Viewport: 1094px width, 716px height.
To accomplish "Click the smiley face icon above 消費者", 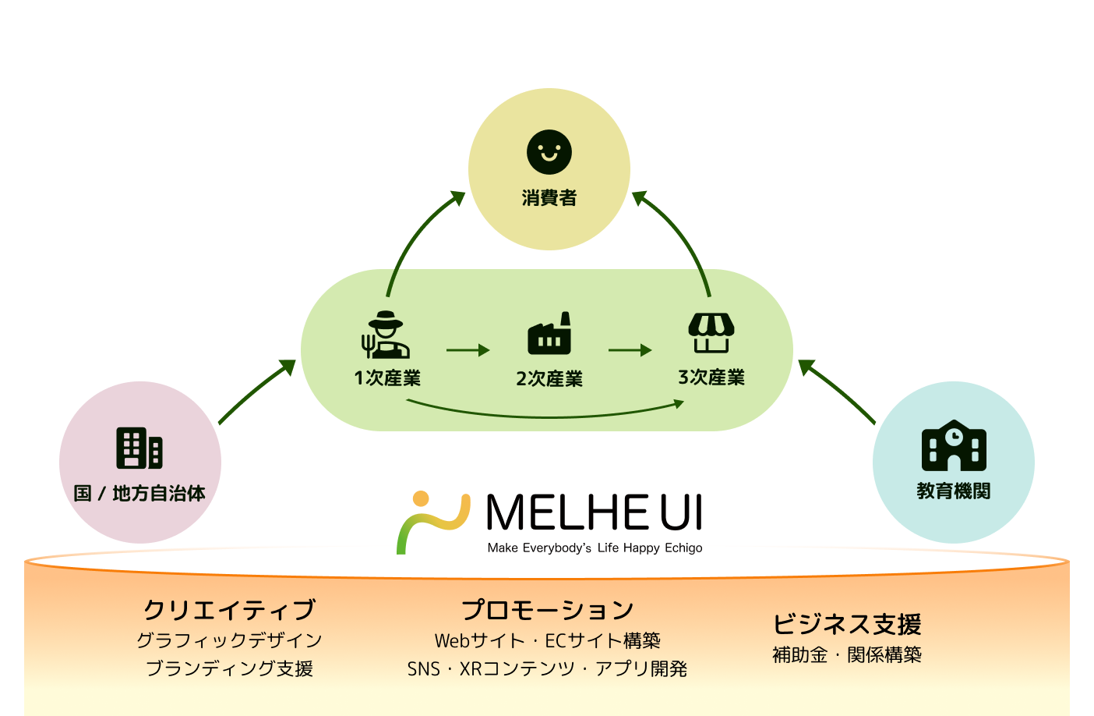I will [x=549, y=152].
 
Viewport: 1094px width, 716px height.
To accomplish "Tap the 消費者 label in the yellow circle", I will [x=549, y=198].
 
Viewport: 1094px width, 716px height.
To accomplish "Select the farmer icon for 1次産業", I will [x=386, y=335].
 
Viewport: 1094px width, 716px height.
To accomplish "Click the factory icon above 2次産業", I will [x=549, y=334].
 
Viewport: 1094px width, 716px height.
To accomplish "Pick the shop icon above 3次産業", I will [x=711, y=333].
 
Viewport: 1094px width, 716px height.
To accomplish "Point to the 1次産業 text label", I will [x=387, y=378].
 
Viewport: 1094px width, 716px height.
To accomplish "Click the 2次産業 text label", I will [x=549, y=379].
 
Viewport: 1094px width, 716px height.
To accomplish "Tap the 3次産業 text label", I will [x=711, y=377].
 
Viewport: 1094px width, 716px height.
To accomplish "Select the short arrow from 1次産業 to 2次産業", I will [x=468, y=350].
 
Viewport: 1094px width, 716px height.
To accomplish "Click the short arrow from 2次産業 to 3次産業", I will [x=630, y=350].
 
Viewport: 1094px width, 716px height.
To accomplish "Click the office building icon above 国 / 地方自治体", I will [x=139, y=448].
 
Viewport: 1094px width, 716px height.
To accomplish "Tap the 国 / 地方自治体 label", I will [x=139, y=493].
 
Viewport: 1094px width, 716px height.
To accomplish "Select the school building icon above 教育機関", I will [x=954, y=446].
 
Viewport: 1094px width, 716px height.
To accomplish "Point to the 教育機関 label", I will [x=954, y=491].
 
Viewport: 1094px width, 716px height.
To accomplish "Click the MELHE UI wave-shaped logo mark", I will [x=433, y=522].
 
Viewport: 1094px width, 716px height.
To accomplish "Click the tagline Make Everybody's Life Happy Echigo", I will [x=595, y=548].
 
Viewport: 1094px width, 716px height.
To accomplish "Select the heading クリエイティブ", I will [x=229, y=609].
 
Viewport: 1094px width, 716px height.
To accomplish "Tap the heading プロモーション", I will [x=548, y=609].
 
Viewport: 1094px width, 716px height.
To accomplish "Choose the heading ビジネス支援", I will [x=847, y=624].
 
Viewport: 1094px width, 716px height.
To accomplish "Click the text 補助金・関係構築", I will [x=847, y=655].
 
